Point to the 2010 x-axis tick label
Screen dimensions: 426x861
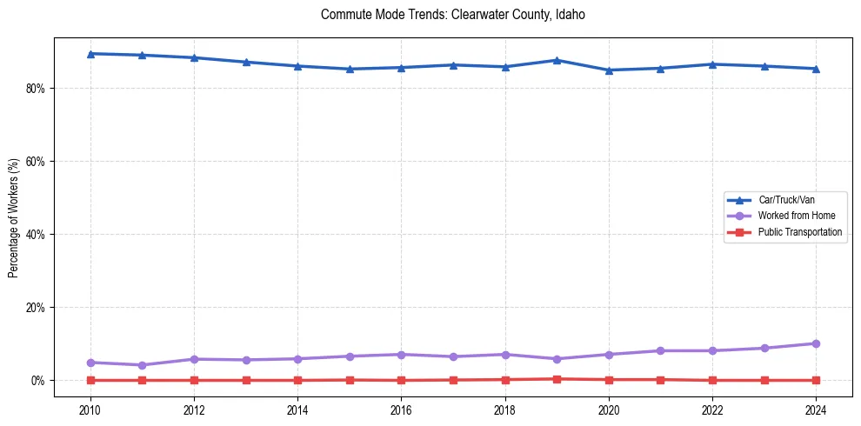[x=90, y=409]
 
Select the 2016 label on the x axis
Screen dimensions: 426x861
[x=401, y=409]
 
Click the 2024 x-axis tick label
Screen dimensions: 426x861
[x=816, y=409]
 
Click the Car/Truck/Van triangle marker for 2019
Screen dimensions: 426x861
[x=557, y=60]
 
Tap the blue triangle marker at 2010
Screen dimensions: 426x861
[x=90, y=54]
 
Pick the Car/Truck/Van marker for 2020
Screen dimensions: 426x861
[x=609, y=70]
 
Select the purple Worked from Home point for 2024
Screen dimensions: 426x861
[x=816, y=343]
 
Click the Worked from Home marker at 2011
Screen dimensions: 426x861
[x=142, y=365]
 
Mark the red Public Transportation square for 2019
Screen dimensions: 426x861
[x=557, y=379]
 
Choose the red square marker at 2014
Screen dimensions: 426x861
[x=297, y=380]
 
